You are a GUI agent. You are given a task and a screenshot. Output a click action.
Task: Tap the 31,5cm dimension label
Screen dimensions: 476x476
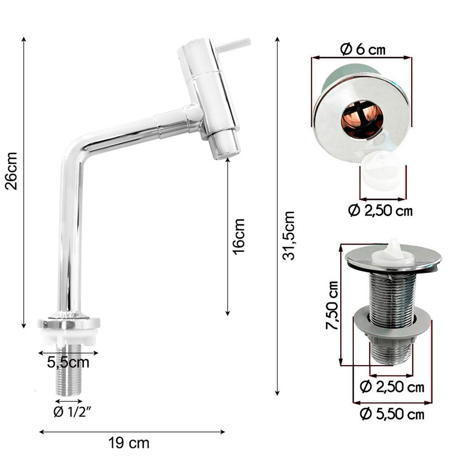[288, 236]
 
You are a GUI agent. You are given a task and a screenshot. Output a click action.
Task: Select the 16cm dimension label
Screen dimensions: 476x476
[238, 237]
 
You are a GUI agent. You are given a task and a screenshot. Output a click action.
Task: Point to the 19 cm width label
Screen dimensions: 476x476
[129, 443]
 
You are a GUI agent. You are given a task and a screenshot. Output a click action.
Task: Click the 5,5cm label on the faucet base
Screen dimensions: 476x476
[68, 362]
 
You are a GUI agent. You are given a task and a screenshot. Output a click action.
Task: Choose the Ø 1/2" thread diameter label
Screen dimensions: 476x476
[72, 412]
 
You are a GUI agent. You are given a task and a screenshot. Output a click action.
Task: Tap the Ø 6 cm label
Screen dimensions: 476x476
[362, 49]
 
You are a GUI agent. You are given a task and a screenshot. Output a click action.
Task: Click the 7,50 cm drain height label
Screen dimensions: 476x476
[332, 306]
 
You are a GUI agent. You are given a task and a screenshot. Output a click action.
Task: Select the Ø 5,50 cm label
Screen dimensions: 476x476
[392, 414]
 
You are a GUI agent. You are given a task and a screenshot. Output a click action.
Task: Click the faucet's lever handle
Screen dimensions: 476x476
[233, 45]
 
